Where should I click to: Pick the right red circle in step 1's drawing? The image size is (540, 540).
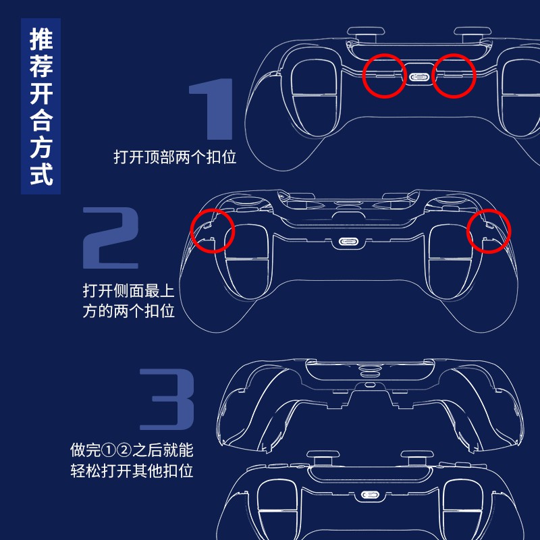[454, 76]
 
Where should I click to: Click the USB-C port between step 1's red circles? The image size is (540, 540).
[419, 77]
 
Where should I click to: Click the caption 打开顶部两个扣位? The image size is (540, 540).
[175, 158]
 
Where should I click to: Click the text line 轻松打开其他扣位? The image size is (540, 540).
[132, 470]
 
